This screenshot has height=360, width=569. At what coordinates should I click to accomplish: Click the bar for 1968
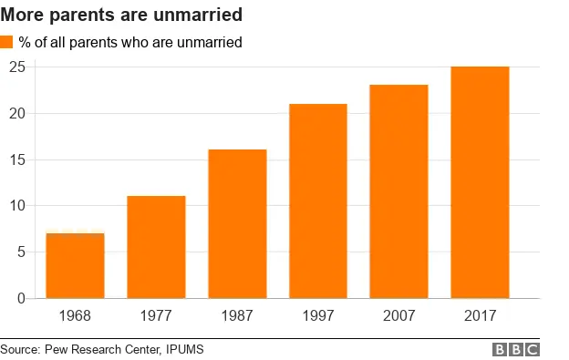click(75, 265)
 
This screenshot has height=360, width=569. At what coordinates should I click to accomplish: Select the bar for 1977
click(156, 247)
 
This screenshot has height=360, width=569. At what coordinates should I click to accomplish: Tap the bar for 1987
click(237, 223)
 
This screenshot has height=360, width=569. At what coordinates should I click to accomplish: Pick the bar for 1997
click(318, 201)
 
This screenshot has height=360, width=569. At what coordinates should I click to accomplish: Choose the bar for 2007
click(398, 191)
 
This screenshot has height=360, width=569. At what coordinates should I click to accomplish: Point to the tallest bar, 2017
click(480, 182)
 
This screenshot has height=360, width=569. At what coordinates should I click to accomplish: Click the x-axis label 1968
click(75, 316)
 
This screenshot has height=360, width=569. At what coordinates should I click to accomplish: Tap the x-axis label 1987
click(237, 316)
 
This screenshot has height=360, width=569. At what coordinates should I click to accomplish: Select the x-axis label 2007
click(398, 316)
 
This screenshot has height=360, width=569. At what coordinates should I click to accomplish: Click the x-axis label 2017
click(480, 316)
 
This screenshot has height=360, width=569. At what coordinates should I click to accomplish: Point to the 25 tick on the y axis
click(17, 67)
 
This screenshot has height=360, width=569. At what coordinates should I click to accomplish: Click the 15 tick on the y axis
click(17, 159)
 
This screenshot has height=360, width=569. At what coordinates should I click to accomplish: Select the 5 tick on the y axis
click(21, 252)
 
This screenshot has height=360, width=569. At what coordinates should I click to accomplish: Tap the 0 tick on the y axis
click(21, 298)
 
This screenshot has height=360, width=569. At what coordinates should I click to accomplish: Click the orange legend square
click(7, 43)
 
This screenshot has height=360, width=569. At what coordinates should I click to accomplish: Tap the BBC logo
click(516, 350)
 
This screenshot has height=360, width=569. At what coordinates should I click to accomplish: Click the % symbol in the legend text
click(26, 43)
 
